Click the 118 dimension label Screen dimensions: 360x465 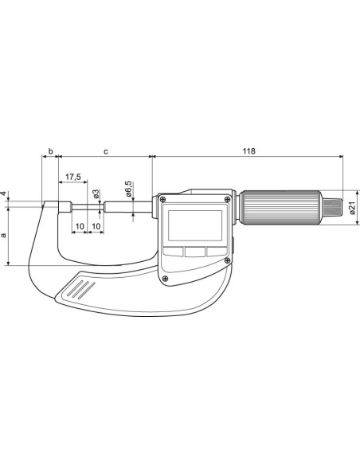click(248, 151)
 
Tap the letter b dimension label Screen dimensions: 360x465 click(51, 151)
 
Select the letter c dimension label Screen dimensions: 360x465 click(106, 152)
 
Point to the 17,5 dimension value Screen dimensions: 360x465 click(73, 177)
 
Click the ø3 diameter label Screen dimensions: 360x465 click(96, 194)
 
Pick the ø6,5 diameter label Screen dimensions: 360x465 click(129, 189)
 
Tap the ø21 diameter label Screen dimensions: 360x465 click(352, 208)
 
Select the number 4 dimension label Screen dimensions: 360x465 click(3, 193)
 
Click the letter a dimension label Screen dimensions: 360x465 click(3, 235)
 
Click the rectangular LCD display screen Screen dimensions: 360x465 click(195, 225)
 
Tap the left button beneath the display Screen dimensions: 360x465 click(173, 252)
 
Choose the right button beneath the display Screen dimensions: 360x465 click(217, 252)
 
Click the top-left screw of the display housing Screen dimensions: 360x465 click(162, 199)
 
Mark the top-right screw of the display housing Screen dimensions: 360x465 click(228, 199)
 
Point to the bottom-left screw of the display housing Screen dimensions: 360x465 click(165, 278)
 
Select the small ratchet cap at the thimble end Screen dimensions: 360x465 click(331, 208)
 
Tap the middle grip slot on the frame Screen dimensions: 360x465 click(80, 289)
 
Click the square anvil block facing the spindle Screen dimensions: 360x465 click(65, 207)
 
